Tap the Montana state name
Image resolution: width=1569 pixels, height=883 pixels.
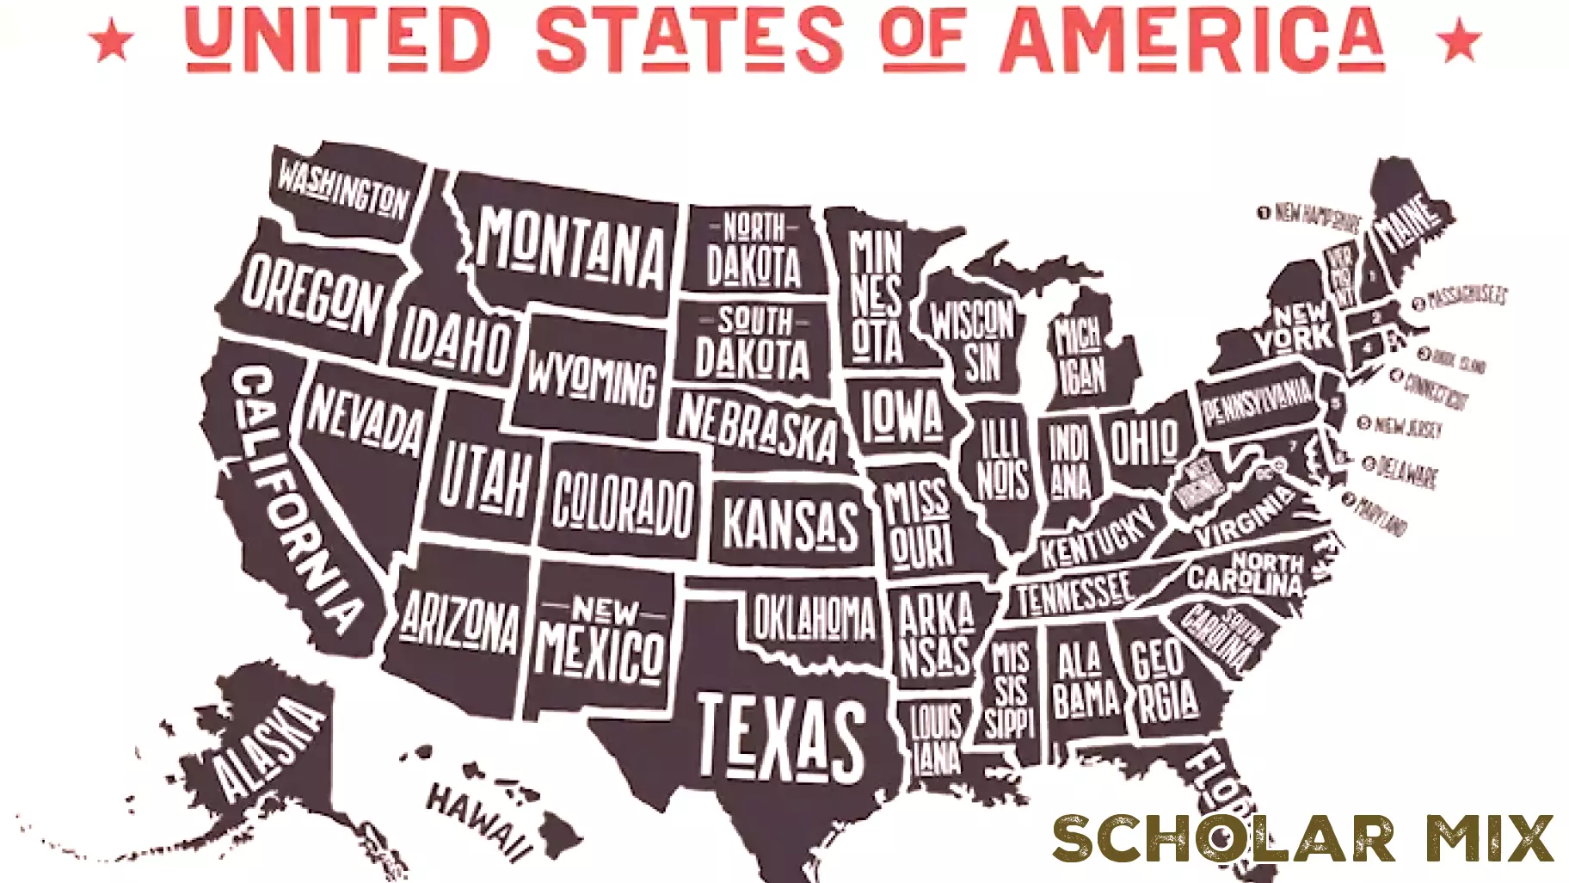(x=572, y=249)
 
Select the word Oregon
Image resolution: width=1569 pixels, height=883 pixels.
(x=311, y=295)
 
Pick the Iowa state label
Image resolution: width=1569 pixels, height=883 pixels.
(x=902, y=414)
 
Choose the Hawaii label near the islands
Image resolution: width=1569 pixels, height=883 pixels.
(x=478, y=822)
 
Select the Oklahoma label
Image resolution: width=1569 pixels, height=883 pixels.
(x=814, y=617)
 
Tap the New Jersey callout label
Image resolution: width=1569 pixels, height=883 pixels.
(x=1406, y=427)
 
